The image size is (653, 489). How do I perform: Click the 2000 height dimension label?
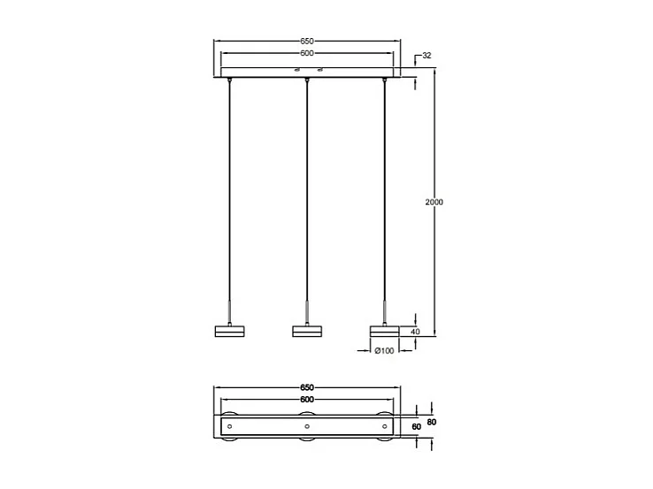click(434, 202)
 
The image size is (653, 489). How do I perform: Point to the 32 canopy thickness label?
click(426, 56)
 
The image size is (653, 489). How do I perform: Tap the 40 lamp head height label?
click(427, 332)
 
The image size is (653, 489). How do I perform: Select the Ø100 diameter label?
click(384, 351)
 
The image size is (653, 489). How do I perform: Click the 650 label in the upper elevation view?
click(307, 42)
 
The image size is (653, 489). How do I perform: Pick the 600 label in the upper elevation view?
click(307, 53)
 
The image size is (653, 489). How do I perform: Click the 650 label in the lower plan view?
click(307, 388)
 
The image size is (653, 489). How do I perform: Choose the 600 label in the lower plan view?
click(307, 400)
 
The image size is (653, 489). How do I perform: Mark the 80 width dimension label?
click(431, 422)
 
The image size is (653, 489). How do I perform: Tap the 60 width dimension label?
click(417, 428)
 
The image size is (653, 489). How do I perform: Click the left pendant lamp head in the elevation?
click(229, 332)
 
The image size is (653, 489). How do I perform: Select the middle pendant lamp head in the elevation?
click(306, 332)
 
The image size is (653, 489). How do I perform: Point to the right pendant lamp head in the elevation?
click(384, 332)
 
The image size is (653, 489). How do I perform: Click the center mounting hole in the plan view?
click(306, 427)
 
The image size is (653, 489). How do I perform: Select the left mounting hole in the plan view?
click(229, 427)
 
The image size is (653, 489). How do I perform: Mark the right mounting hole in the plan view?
click(384, 427)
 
